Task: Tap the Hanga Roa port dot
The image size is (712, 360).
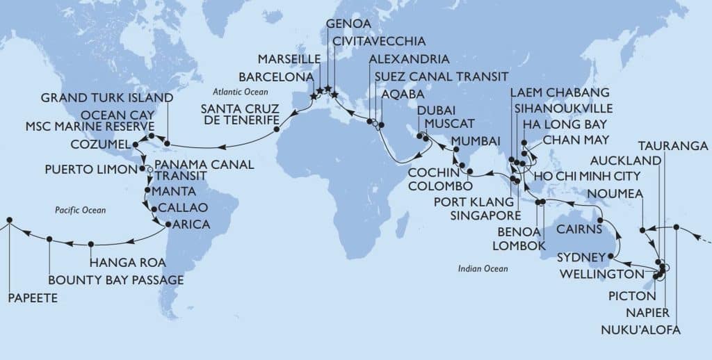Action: tap(91, 244)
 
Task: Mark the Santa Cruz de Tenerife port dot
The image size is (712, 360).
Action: tap(276, 129)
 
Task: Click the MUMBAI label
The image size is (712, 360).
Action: tap(475, 142)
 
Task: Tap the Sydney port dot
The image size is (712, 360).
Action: tap(610, 256)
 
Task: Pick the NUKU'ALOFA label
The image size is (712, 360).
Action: tap(639, 329)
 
